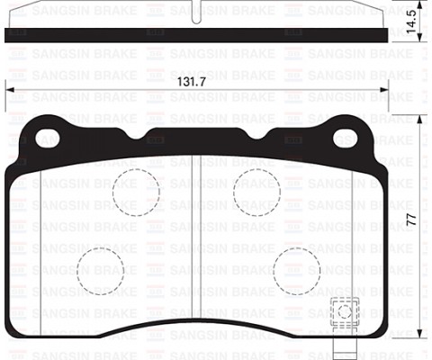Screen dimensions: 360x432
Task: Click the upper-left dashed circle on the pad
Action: (136, 191)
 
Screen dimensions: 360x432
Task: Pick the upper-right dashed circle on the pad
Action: (256, 191)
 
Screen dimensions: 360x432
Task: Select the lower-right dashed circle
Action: (296, 267)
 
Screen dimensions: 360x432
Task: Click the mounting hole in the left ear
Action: (47, 138)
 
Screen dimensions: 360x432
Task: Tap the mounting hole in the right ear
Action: (346, 138)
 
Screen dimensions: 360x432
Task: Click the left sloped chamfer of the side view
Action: (20, 15)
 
